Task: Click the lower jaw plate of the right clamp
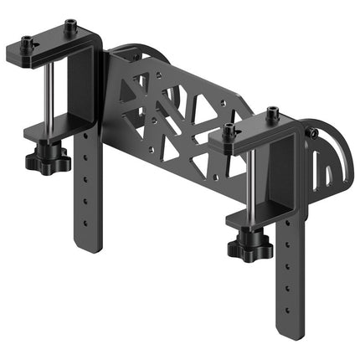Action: click(x=251, y=219)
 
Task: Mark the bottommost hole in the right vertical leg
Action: click(x=289, y=306)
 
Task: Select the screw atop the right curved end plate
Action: click(x=313, y=131)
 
